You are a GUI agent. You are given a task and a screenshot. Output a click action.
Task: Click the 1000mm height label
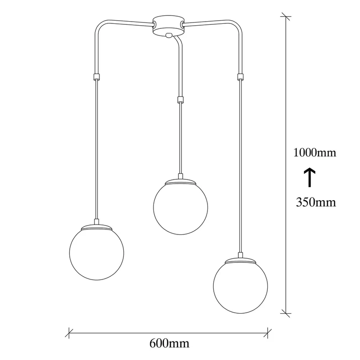(x=315, y=153)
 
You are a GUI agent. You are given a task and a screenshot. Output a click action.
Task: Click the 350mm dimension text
(x=316, y=202)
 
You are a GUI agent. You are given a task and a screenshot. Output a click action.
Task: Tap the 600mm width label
(x=170, y=343)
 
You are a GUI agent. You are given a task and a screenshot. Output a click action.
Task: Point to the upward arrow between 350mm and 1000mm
(x=310, y=177)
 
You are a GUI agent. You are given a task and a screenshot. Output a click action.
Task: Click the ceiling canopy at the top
(x=168, y=25)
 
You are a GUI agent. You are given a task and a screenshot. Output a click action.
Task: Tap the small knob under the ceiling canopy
(x=168, y=35)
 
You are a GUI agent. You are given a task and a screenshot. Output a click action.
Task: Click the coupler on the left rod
(x=97, y=76)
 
